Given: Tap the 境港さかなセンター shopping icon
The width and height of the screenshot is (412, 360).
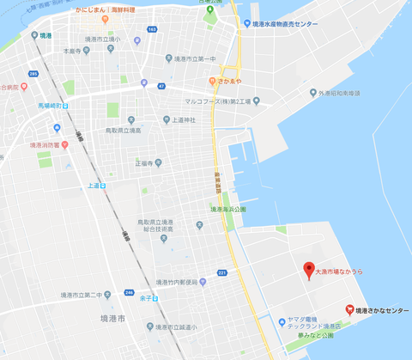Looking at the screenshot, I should pyautogui.click(x=348, y=309).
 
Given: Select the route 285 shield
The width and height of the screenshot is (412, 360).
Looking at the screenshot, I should pyautogui.click(x=33, y=74).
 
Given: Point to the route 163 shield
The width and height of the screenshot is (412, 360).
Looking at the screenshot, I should pyautogui.click(x=151, y=29).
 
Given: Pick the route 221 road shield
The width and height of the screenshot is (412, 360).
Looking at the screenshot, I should pyautogui.click(x=221, y=273).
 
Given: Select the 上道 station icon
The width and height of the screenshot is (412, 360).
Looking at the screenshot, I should pyautogui.click(x=102, y=185).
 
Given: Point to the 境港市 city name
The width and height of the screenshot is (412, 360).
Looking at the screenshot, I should pyautogui.click(x=112, y=318).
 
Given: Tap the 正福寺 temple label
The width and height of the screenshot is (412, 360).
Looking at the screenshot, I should pyautogui.click(x=148, y=162).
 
